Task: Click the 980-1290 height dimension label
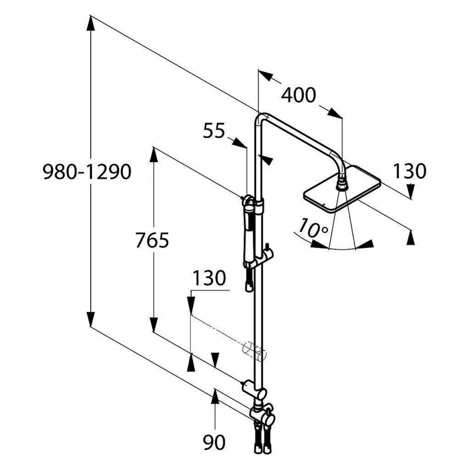[87, 172]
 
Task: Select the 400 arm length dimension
[299, 95]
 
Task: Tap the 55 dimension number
[214, 131]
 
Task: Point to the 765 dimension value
[152, 240]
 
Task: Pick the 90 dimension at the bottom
[214, 442]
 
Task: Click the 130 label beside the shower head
[409, 171]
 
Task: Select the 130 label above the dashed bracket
[209, 278]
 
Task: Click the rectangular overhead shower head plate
[342, 189]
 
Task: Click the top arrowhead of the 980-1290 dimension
[91, 23]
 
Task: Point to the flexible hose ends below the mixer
[263, 440]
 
